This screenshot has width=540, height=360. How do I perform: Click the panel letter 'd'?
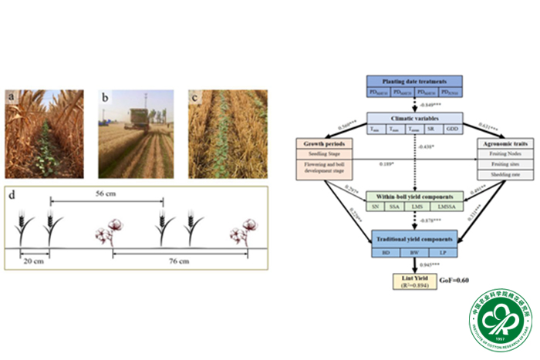pos(12,193)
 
